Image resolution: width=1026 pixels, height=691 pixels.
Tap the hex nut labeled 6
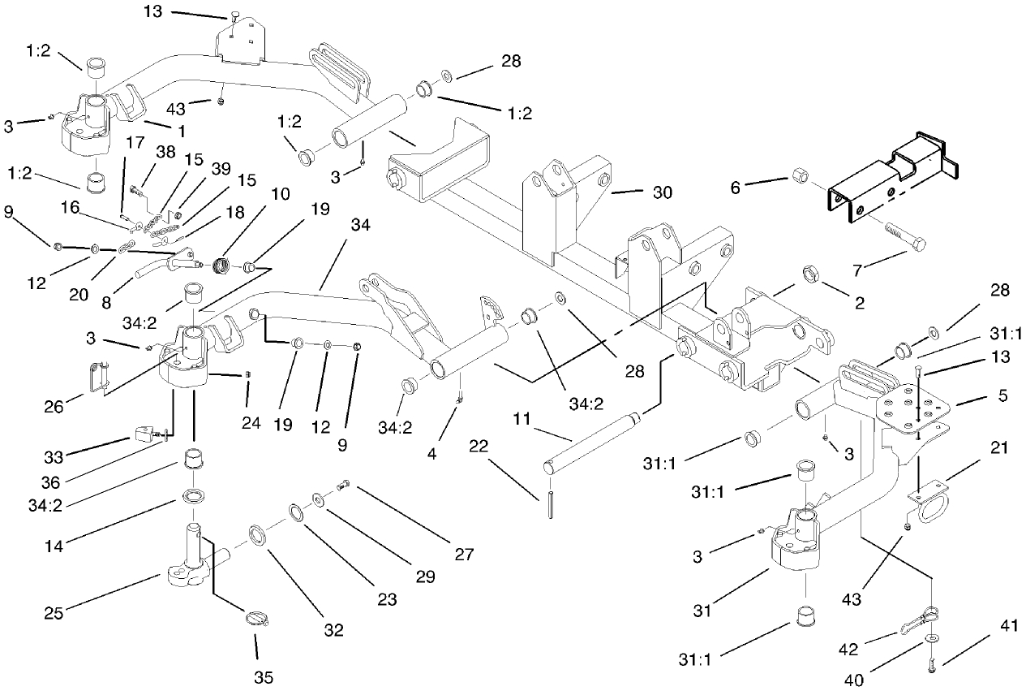click(799, 176)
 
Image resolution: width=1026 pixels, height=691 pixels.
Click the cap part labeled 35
click(257, 620)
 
